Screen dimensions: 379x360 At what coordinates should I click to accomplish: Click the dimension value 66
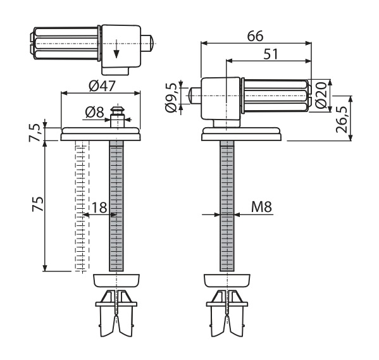click(x=256, y=36)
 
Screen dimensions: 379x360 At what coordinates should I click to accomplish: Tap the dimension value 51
click(x=270, y=54)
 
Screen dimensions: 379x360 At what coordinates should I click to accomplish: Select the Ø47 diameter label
click(x=102, y=86)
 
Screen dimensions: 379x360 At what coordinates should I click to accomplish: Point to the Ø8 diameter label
click(x=94, y=112)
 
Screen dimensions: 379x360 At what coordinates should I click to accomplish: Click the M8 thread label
click(x=261, y=207)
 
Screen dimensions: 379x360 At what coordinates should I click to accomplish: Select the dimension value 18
click(x=99, y=208)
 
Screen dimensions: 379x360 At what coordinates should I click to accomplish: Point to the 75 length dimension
click(x=38, y=204)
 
